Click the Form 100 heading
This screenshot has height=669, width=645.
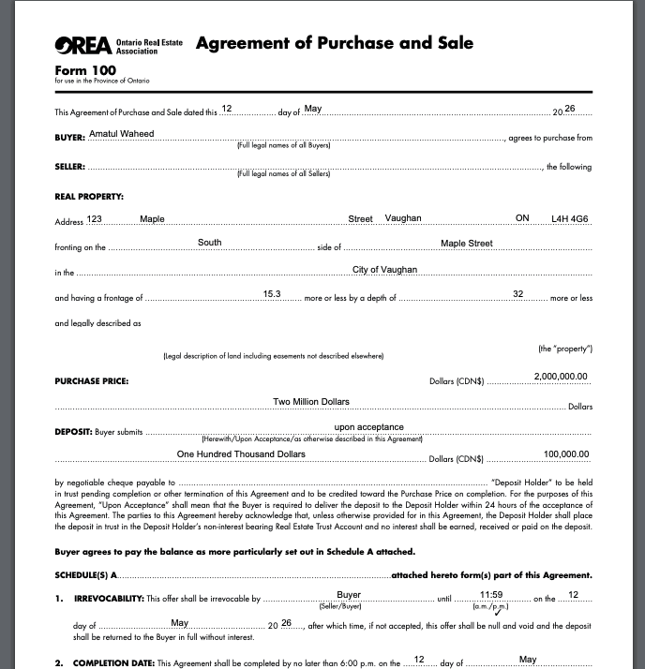tap(84, 70)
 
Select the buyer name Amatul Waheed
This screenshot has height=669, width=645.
tap(121, 134)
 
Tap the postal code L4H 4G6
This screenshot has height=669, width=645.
tap(570, 218)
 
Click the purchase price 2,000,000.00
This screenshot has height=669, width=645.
tap(560, 376)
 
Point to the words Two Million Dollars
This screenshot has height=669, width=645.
tap(311, 402)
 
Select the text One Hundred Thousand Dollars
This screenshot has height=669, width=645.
tap(241, 454)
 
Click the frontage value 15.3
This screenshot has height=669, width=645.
tap(273, 294)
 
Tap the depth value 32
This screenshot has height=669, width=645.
tap(517, 294)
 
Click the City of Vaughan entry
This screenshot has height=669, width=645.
tap(384, 270)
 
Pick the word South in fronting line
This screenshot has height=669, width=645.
tap(210, 243)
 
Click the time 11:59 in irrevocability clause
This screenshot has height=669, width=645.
tap(492, 595)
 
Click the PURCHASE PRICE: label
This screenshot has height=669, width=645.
tap(92, 381)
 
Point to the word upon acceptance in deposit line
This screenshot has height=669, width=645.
tap(368, 427)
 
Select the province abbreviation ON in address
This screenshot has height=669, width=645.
tap(522, 218)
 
